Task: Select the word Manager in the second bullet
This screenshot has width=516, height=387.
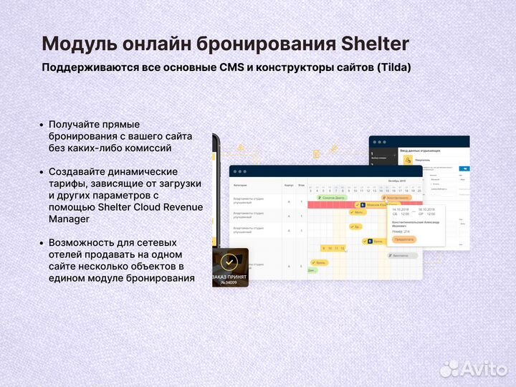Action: click(69, 219)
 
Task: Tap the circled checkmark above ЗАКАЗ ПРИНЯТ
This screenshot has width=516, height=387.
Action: click(229, 262)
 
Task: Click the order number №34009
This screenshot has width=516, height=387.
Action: click(229, 282)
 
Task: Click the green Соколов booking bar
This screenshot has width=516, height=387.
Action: click(333, 197)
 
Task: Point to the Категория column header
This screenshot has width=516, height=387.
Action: click(242, 185)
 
